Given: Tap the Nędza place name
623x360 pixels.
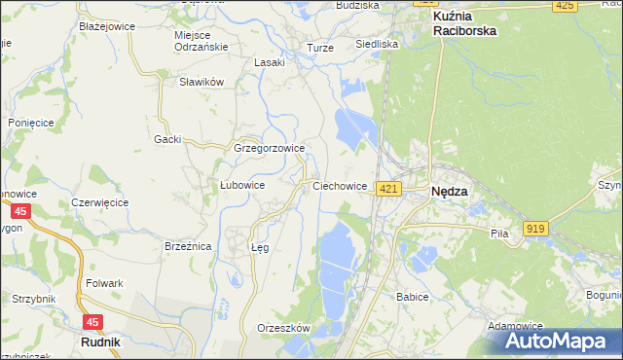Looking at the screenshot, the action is point(449,192).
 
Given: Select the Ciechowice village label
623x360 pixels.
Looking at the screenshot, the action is point(340,185).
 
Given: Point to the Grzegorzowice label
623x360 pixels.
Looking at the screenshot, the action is point(270,149).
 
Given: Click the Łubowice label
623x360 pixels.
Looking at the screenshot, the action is point(242,184).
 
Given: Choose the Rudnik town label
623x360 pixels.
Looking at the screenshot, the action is point(100,342).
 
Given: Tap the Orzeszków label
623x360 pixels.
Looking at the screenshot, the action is point(282,328).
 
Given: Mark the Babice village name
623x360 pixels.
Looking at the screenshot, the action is point(413,296).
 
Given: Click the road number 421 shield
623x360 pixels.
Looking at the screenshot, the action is point(388,188).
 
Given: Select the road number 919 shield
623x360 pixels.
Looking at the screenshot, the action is point(534,228).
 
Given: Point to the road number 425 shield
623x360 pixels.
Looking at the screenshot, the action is point(564,6).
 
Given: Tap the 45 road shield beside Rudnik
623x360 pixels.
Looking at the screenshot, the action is point(92,321).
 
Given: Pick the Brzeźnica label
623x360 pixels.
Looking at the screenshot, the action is point(188,247).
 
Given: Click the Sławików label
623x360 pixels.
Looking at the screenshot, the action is point(202,83).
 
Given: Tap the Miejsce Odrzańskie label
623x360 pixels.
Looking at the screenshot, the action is point(200,41).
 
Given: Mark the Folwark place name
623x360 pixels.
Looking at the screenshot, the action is point(104,283).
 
